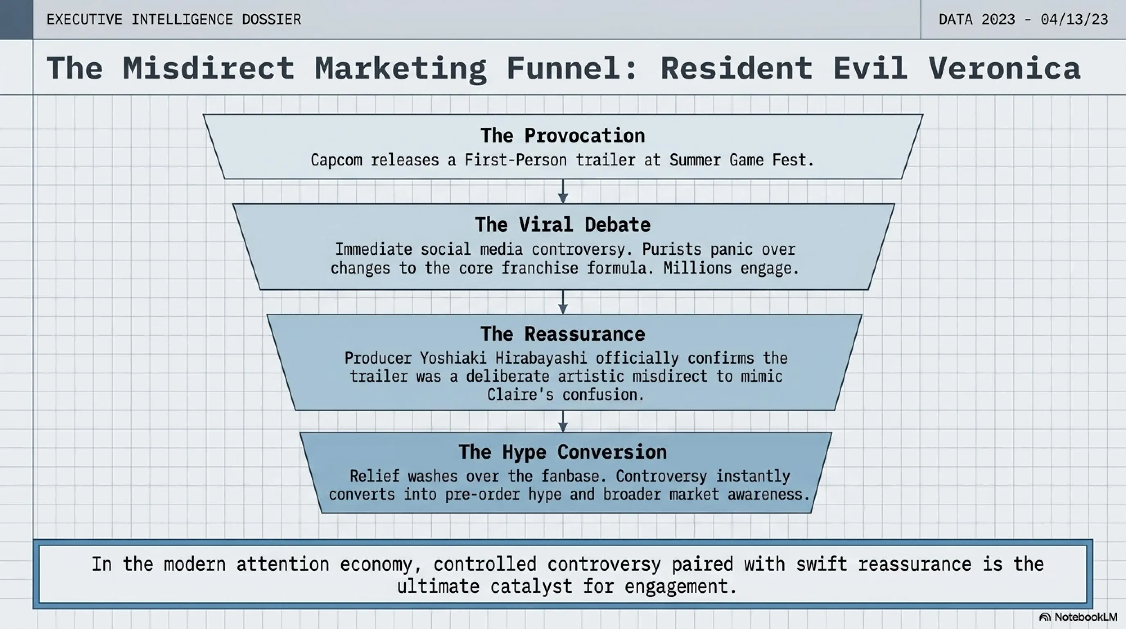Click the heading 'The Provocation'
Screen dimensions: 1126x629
click(x=563, y=136)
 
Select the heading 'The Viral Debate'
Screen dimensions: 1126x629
click(x=563, y=225)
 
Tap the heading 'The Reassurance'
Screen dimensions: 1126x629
click(x=563, y=334)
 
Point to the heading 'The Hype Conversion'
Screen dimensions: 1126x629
click(x=563, y=452)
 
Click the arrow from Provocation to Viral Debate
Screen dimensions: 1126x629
click(x=563, y=191)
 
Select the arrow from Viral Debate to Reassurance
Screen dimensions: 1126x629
click(x=563, y=302)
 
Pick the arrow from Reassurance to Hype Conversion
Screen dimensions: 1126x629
click(x=563, y=421)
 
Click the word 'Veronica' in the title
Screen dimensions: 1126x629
click(x=1004, y=68)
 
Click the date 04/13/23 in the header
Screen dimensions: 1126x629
click(x=1074, y=20)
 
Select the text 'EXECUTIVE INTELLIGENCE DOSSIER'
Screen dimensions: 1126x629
click(x=174, y=20)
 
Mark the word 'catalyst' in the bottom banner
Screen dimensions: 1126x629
click(x=531, y=586)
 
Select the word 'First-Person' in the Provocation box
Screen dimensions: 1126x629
click(x=516, y=161)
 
